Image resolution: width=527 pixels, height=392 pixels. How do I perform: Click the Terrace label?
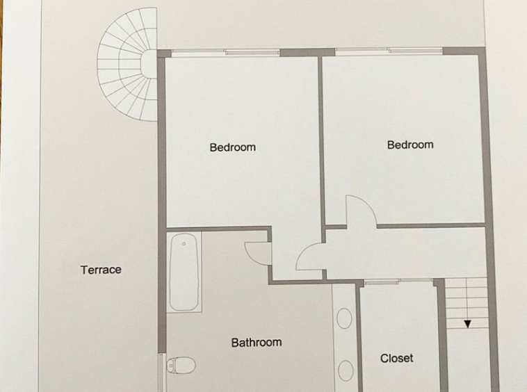(101, 270)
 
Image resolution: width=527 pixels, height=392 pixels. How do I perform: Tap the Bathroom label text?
(257, 343)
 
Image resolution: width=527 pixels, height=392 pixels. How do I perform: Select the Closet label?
(396, 358)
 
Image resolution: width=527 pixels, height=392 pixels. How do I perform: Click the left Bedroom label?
(233, 147)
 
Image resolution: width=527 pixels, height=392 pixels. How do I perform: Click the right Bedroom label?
(410, 145)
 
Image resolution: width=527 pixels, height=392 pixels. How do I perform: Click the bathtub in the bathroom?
(184, 272)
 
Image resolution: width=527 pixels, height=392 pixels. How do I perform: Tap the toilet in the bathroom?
(181, 365)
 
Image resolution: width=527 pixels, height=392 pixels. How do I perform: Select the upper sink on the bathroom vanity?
(344, 318)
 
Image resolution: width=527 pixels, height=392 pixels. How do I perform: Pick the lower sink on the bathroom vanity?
(346, 370)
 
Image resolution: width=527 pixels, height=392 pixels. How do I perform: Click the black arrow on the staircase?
(467, 324)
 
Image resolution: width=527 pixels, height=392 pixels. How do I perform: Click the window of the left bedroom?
(225, 51)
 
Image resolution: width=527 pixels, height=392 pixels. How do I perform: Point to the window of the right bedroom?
(389, 50)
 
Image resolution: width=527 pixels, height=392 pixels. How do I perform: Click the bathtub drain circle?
(184, 244)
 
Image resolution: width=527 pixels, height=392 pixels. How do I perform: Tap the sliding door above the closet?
(398, 281)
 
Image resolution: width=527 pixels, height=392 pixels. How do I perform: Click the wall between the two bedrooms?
(321, 141)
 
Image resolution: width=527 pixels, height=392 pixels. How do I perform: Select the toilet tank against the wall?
(170, 365)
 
